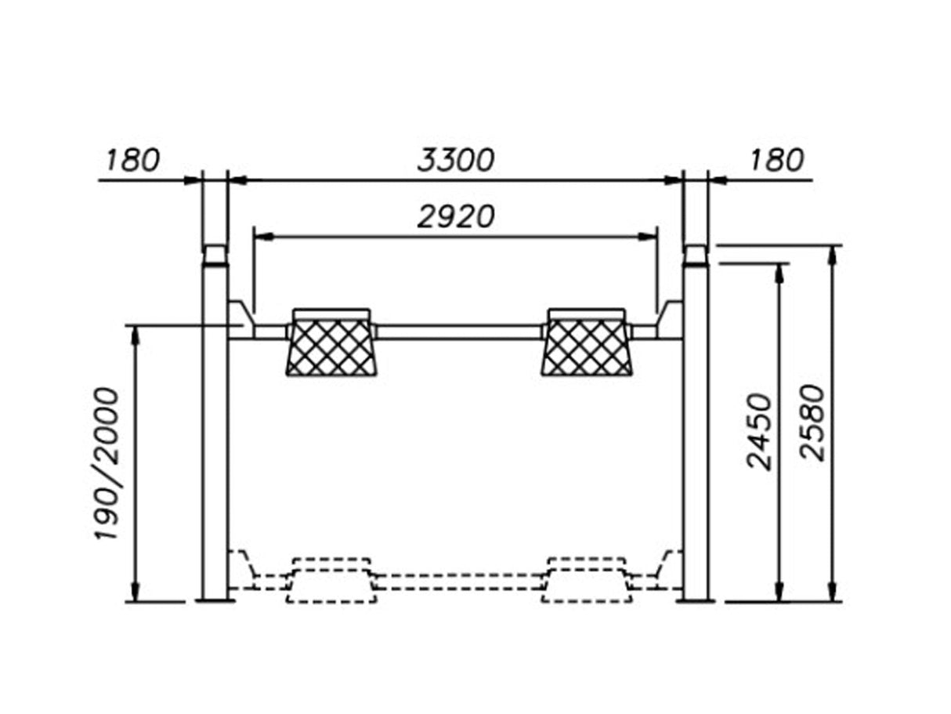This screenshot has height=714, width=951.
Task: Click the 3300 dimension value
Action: (455, 160)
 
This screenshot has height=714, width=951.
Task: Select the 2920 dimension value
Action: (455, 216)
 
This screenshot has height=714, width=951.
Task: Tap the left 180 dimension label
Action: (132, 160)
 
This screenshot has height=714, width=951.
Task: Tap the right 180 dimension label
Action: (776, 160)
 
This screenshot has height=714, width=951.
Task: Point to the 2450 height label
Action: (759, 431)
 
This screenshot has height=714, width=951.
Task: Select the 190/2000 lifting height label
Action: (107, 462)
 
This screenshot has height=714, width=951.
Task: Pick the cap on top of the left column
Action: (215, 255)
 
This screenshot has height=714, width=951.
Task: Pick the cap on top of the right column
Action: (696, 254)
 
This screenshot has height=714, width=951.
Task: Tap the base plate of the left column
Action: (215, 600)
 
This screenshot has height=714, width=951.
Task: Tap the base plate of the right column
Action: (696, 600)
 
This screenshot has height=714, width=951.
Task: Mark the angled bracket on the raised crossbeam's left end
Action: (240, 317)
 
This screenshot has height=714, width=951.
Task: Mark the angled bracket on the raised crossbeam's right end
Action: (670, 317)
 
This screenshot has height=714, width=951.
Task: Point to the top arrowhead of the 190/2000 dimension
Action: (136, 332)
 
